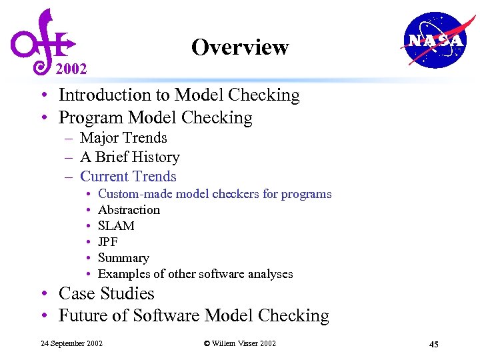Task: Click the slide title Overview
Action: coord(239,47)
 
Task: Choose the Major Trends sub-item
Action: coord(123,138)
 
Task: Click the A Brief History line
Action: coord(129,157)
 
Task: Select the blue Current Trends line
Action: coord(128,177)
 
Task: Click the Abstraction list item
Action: coord(129,210)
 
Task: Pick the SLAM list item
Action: coord(116,226)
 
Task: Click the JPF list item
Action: coord(107,242)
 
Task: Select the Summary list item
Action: coord(123,258)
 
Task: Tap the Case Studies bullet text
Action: coord(107,293)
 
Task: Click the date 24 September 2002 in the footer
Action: coord(71,343)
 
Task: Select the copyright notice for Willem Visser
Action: coord(239,343)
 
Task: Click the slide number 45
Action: coord(433,344)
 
